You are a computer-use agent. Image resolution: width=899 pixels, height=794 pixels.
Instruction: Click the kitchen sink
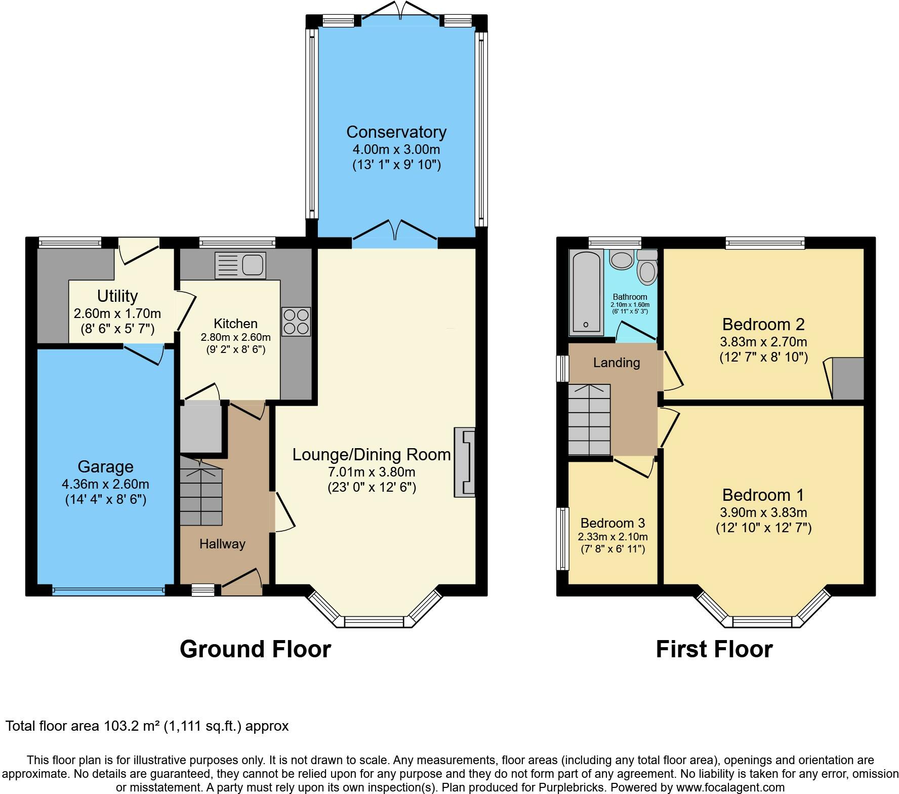[x=240, y=265]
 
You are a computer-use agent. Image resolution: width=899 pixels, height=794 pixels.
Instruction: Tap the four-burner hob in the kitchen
[x=296, y=322]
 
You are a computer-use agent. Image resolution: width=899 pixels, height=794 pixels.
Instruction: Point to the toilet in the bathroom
[x=647, y=266]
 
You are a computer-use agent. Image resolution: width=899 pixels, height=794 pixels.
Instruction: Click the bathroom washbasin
[x=621, y=259]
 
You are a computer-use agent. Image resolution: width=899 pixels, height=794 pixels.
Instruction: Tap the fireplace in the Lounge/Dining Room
[x=465, y=462]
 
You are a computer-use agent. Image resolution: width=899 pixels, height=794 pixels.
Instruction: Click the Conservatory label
[x=396, y=132]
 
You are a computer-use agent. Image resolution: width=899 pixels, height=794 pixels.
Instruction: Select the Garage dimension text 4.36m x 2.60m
[x=106, y=484]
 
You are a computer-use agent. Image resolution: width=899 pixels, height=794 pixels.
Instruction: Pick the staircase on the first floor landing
[x=589, y=420]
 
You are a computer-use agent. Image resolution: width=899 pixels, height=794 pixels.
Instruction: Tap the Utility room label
[x=117, y=296]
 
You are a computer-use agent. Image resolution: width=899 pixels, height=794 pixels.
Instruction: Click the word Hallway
[x=222, y=544]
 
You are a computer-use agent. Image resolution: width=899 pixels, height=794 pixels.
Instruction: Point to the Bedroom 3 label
[x=613, y=523]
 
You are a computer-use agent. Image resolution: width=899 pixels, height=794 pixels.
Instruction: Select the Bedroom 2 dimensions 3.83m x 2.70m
[x=763, y=341]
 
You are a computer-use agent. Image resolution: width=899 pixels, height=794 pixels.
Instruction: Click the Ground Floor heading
[x=255, y=649]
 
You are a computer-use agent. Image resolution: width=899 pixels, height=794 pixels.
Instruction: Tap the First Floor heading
[x=714, y=649]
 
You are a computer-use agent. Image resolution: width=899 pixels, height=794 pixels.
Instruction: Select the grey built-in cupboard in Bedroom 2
[x=848, y=378]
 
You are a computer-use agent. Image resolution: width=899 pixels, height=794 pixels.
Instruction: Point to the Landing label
[x=617, y=363]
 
